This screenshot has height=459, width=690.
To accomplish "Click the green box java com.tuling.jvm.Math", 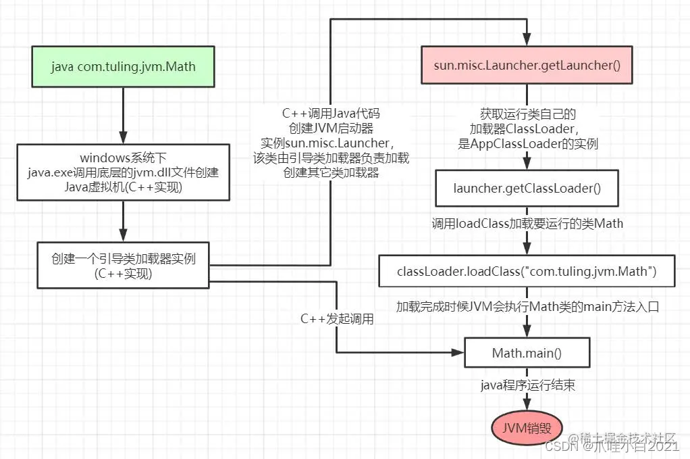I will (x=123, y=66).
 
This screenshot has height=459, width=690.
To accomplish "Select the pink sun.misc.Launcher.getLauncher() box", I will (x=527, y=66).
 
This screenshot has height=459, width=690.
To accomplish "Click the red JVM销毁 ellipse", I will (x=527, y=429).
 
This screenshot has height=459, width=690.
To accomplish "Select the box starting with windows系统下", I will (x=123, y=172).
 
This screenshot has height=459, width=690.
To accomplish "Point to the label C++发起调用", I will (x=337, y=318).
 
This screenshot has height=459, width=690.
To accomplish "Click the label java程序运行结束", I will (x=527, y=385).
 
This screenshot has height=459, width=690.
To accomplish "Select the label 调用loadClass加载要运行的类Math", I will (x=527, y=223).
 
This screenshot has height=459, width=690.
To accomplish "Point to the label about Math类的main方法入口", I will (x=527, y=306).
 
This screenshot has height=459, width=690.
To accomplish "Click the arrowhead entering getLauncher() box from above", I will (x=527, y=41).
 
